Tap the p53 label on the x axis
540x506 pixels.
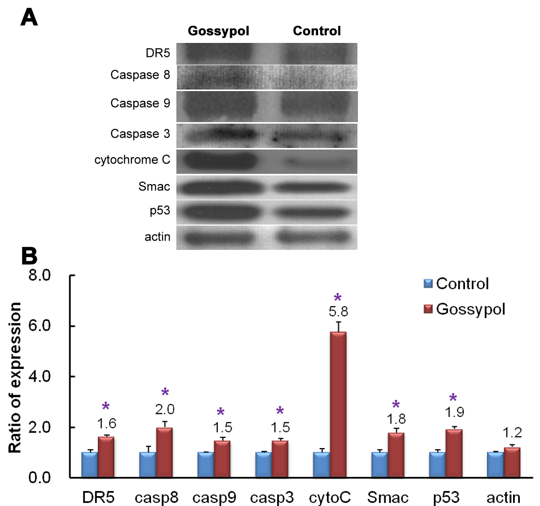coord(445,497)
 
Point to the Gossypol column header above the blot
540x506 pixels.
coord(218,31)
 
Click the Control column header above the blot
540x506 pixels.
coord(317,31)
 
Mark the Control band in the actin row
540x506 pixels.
coord(316,237)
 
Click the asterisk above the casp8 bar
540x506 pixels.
coord(165,392)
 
